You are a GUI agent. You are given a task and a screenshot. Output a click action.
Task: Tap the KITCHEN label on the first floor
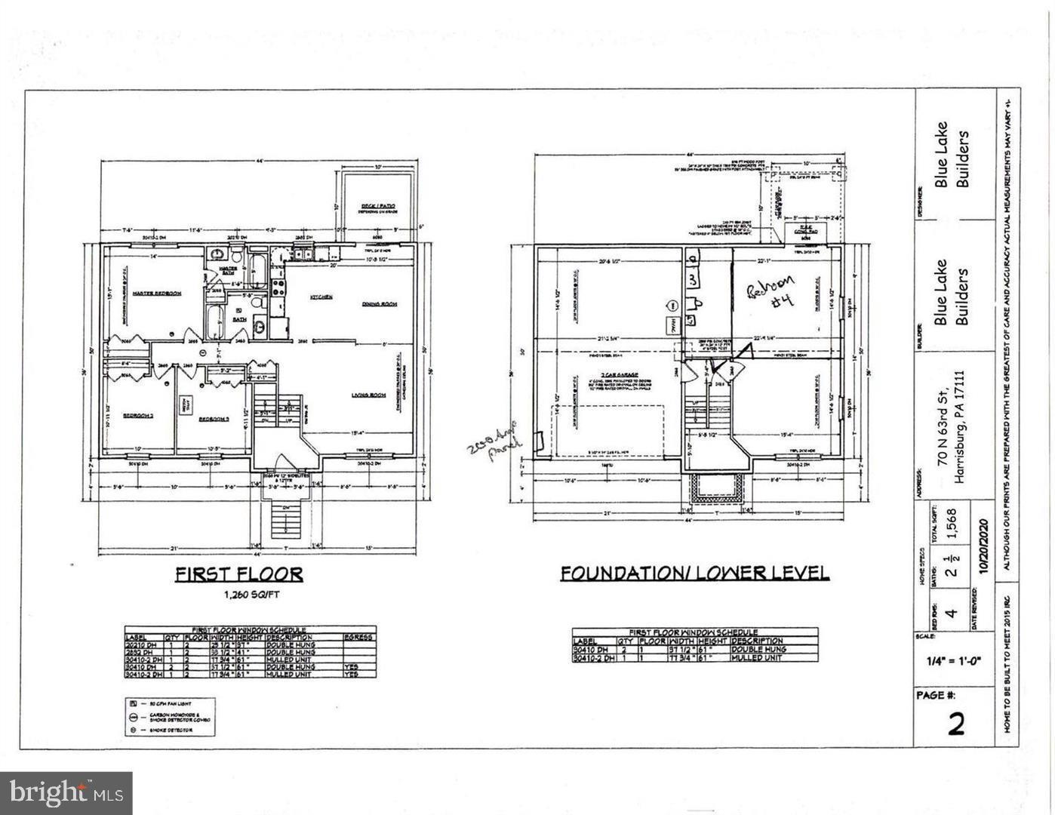[321, 297]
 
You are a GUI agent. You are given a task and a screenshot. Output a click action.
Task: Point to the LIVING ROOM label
[368, 395]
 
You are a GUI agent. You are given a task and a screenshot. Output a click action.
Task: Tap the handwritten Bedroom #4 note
[772, 296]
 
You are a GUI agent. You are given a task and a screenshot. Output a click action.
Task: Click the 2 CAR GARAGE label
[617, 375]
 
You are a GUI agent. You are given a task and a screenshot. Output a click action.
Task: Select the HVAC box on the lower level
[674, 324]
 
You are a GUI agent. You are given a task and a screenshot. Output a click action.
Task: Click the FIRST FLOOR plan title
[239, 574]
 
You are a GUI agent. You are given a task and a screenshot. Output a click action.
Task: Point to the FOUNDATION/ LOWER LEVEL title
[694, 574]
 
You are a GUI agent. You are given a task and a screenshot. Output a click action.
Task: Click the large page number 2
[955, 724]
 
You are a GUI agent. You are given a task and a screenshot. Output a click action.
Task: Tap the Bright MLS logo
[66, 792]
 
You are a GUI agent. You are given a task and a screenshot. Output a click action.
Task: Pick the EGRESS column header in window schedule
[358, 638]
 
